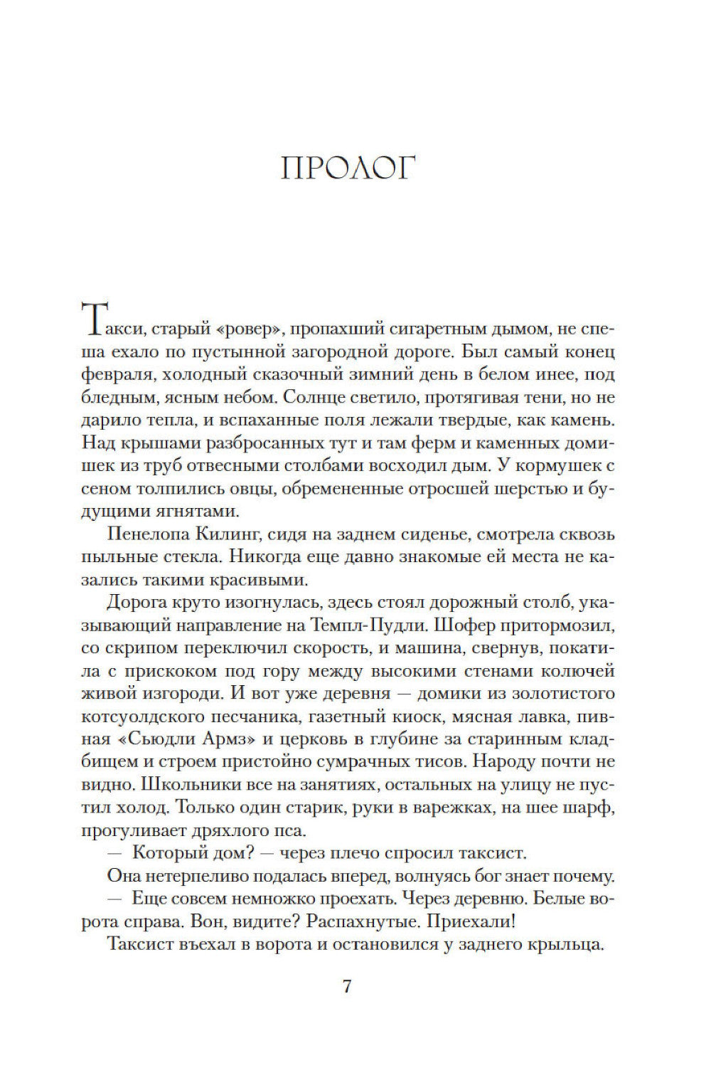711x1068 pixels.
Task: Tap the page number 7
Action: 347,987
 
